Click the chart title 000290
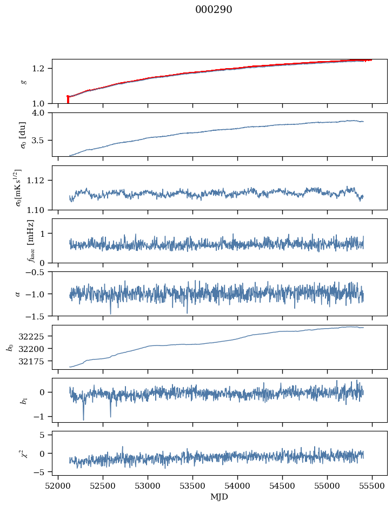[x=214, y=10]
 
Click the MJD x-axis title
[x=220, y=497]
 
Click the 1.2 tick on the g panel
[x=42, y=69]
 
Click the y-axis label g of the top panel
[x=23, y=81]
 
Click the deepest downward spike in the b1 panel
[x=83, y=419]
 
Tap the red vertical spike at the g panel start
[x=68, y=100]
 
